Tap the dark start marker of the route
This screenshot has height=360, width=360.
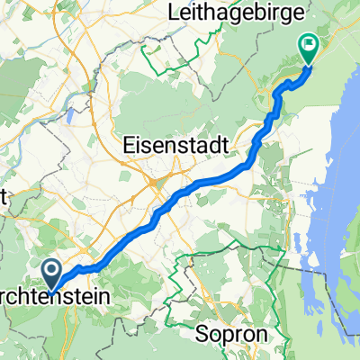(x=52, y=270)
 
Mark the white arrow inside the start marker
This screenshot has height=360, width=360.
(x=52, y=267)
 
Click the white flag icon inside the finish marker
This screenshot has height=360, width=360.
(x=309, y=41)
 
